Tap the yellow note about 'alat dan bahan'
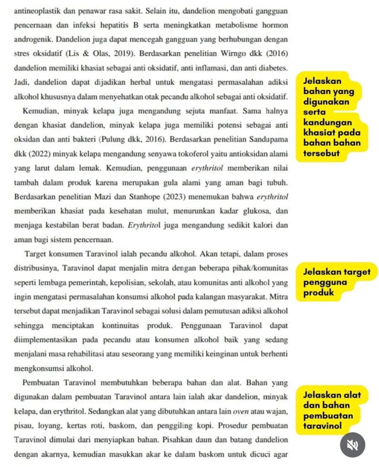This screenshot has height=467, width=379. pyautogui.click(x=332, y=410)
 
